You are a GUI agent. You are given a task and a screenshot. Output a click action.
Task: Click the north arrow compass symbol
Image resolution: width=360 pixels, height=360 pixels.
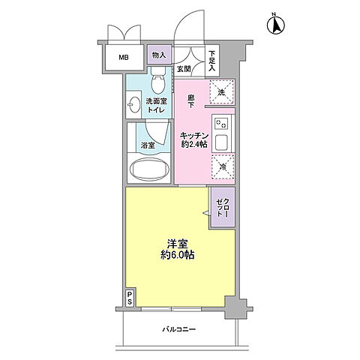coord(276,25)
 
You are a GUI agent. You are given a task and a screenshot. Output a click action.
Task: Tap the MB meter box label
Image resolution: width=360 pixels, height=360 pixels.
coord(124,58)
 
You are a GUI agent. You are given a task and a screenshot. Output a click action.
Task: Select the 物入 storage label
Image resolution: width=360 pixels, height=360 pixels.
coord(159,55)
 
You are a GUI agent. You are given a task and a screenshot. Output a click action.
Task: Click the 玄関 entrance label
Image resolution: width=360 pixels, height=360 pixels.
coord(184,69)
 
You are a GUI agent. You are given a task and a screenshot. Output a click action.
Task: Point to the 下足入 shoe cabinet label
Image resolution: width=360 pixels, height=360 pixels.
coord(212,61)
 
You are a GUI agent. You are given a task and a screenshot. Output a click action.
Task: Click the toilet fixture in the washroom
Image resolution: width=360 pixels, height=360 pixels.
coord(158,80)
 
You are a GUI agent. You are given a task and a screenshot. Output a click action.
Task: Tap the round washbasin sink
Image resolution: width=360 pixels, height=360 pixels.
coord(134,105)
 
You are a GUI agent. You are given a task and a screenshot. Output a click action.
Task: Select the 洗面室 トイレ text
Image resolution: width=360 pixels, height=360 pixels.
coord(157,106)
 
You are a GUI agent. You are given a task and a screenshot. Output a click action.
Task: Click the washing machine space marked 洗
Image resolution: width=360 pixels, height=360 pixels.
coord(221,91)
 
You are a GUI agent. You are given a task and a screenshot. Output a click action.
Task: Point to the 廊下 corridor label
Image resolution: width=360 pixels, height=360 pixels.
coord(191,101)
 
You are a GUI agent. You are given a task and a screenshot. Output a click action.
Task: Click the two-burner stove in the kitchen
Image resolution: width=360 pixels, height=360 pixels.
coord(221,123)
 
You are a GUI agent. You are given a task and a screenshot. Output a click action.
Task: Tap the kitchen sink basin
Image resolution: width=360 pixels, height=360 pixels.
coord(222,142)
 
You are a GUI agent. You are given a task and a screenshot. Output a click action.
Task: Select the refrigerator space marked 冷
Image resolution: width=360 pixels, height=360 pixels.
coord(223,166)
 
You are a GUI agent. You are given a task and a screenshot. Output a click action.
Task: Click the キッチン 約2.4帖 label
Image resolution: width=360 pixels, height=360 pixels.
coord(194,140)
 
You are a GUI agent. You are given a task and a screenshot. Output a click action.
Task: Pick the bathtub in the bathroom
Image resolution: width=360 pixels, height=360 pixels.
coord(149,169)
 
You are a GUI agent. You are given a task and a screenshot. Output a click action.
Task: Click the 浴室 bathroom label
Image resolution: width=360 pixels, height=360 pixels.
coord(148,145)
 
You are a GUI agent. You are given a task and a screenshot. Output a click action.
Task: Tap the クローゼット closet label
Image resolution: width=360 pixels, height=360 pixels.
coord(223,207)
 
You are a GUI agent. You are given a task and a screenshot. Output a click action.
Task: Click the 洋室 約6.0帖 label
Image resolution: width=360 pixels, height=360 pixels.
coord(178,249)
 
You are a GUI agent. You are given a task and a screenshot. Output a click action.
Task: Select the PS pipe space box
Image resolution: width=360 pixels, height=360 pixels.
coord(130,297)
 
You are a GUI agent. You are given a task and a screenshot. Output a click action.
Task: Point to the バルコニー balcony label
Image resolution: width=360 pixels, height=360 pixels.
coord(179,329)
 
